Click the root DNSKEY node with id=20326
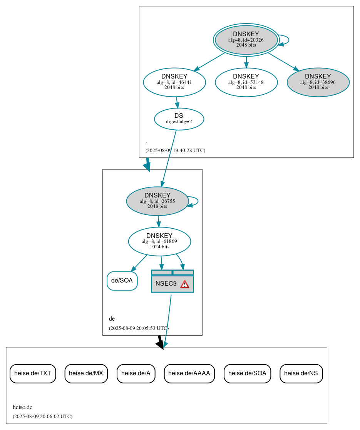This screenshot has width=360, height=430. pos(246,40)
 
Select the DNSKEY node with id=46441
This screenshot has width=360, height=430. pos(174,82)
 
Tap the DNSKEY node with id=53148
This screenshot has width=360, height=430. pos(246,82)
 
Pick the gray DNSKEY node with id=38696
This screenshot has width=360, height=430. pos(318,82)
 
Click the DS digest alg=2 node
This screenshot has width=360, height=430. pos(179,119)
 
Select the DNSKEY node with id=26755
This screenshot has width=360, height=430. pos(157,201)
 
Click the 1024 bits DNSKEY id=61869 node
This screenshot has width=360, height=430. pos(159,241)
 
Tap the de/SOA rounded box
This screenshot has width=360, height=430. pos(122,281)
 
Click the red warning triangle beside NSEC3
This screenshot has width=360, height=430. pos(185,284)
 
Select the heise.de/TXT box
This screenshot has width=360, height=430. pos(33,373)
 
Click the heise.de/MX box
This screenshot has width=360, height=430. pos(86,373)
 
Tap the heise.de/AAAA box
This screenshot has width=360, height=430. pos(189,373)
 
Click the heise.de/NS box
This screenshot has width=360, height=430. pos(301,373)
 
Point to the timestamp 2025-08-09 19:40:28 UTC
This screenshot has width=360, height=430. pos(175,151)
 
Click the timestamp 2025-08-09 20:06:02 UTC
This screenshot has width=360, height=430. pos(42,416)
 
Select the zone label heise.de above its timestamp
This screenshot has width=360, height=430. pos(22,407)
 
